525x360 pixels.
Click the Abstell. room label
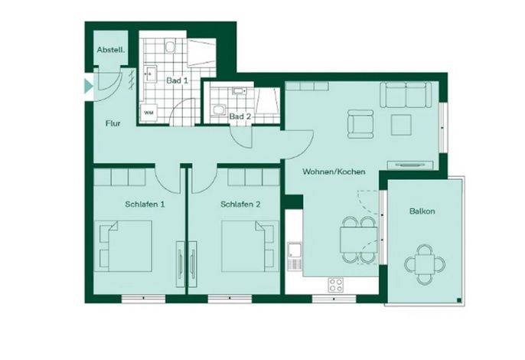pyautogui.click(x=111, y=50)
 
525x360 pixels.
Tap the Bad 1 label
pyautogui.click(x=177, y=80)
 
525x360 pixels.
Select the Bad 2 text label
pyautogui.click(x=240, y=116)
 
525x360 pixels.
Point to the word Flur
pyautogui.click(x=112, y=123)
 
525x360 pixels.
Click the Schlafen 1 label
pyautogui.click(x=145, y=205)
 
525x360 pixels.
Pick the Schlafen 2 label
pyautogui.click(x=240, y=205)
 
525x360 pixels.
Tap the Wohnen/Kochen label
pyautogui.click(x=334, y=172)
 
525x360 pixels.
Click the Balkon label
pyautogui.click(x=422, y=211)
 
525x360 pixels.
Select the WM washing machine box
pyautogui.click(x=148, y=113)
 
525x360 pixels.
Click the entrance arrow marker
pyautogui.click(x=89, y=86)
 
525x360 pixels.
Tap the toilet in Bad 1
pyautogui.click(x=171, y=46)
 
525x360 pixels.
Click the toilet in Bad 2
pyautogui.click(x=220, y=110)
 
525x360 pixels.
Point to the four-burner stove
pyautogui.click(x=336, y=285)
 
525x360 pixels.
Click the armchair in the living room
pyautogui.click(x=360, y=124)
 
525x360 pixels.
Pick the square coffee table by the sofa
pyautogui.click(x=401, y=125)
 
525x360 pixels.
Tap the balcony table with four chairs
pyautogui.click(x=425, y=264)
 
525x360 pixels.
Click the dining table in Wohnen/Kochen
pyautogui.click(x=359, y=240)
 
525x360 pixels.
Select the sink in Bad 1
pyautogui.click(x=151, y=73)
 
